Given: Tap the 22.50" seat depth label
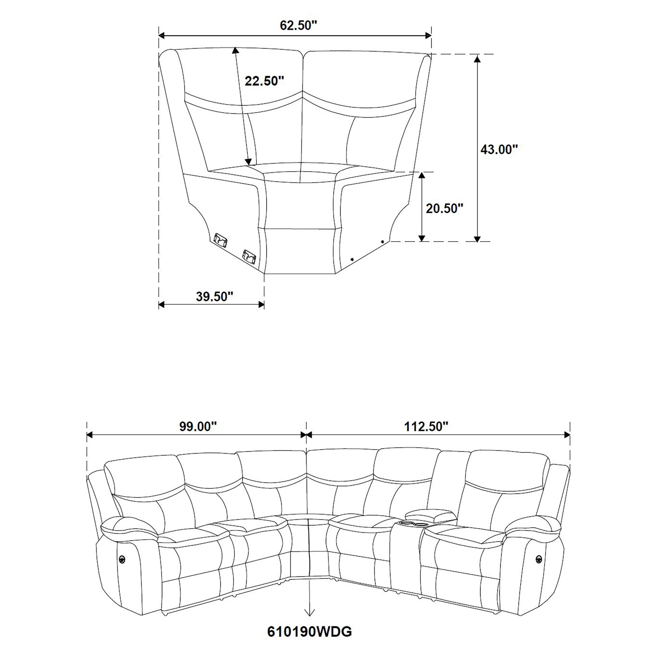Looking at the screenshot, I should click(x=264, y=81).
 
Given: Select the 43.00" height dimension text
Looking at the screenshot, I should click(x=499, y=149).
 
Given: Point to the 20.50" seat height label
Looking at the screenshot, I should click(x=444, y=209).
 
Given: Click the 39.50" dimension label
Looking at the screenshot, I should click(x=215, y=297).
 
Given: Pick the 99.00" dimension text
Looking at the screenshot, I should click(x=198, y=427).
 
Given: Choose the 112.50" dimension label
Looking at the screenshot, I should click(x=426, y=427).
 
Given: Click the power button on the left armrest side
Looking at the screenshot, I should click(x=122, y=558).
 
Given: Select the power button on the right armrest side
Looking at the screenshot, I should click(x=538, y=558).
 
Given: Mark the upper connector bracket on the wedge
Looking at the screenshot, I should click(x=221, y=239).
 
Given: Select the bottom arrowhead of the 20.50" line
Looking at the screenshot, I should click(x=422, y=238).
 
